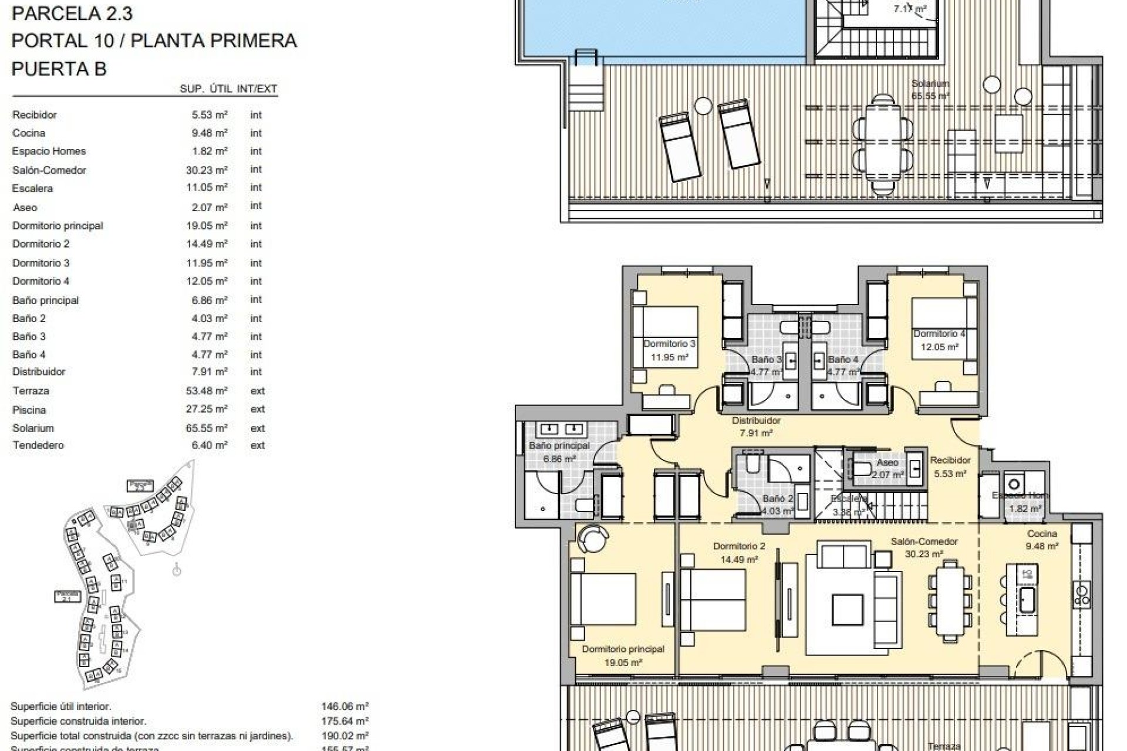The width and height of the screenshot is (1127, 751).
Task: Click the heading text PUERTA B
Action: click(59, 69)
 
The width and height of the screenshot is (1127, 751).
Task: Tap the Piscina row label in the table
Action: click(29, 410)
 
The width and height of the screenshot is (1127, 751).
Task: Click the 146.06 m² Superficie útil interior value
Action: click(345, 707)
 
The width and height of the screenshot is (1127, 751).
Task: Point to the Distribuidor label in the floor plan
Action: click(756, 421)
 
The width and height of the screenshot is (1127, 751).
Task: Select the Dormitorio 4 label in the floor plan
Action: click(939, 334)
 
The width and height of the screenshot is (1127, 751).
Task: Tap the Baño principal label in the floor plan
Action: click(559, 446)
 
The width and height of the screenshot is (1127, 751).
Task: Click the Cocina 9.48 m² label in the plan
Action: click(1042, 539)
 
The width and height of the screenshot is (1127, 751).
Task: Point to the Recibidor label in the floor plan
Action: click(950, 461)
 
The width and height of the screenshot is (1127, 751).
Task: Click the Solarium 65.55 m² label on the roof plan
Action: click(930, 89)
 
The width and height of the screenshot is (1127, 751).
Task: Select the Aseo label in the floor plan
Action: click(887, 463)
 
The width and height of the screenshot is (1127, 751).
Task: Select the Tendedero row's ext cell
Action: click(257, 445)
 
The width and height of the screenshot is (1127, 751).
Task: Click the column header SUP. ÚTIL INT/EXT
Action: click(228, 89)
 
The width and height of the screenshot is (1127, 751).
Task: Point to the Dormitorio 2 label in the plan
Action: click(739, 546)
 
